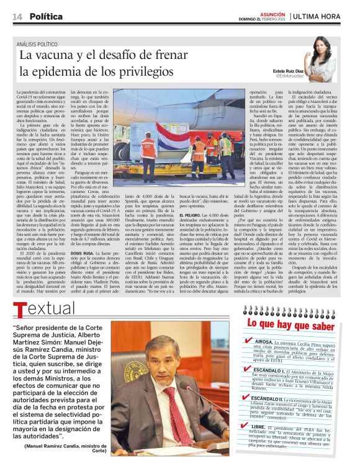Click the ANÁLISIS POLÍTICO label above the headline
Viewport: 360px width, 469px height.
click(x=40, y=44)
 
